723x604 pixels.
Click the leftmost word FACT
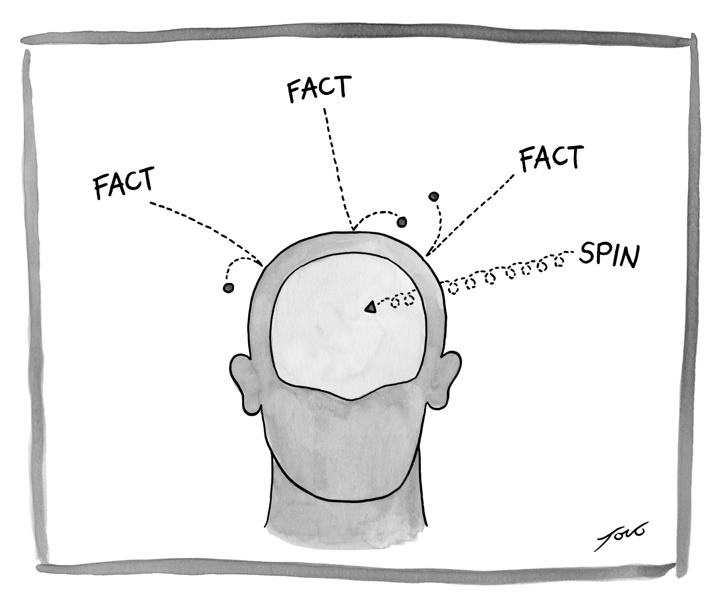(123, 183)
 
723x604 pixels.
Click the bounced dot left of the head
(228, 288)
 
